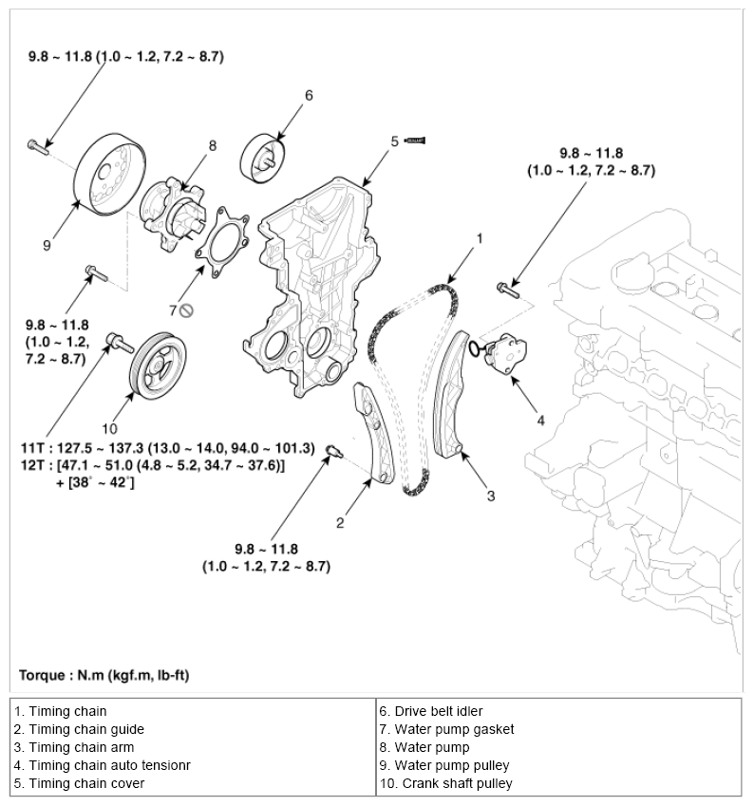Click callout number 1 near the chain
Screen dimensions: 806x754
481,238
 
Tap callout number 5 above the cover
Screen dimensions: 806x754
394,141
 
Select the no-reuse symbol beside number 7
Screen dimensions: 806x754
186,309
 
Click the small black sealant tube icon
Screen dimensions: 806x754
416,141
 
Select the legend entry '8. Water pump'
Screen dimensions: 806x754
425,747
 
